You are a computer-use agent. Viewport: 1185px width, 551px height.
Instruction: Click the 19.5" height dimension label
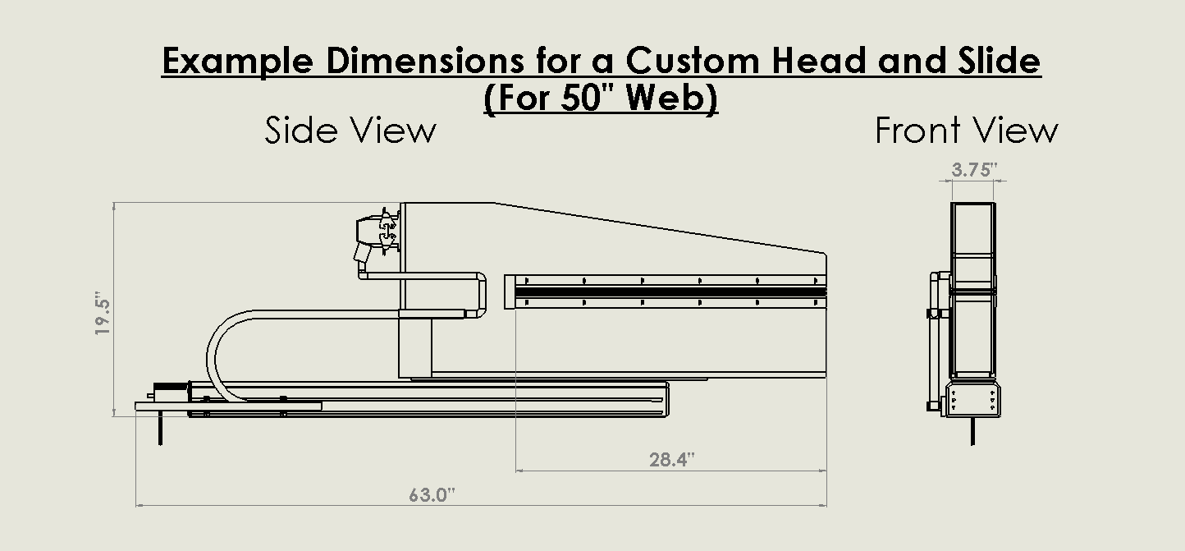point(102,313)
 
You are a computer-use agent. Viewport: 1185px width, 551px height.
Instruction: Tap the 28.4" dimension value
point(672,459)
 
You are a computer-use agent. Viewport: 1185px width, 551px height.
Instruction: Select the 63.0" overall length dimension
point(432,495)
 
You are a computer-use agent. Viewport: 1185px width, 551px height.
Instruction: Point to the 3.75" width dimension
point(974,170)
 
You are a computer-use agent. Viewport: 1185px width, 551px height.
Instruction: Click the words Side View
point(350,131)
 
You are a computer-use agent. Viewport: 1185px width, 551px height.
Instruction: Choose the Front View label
point(967,131)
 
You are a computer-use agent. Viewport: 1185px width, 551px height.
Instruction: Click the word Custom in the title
point(693,61)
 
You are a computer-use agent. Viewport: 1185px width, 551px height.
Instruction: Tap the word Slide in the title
point(999,60)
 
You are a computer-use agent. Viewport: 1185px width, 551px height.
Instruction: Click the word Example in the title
point(237,62)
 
